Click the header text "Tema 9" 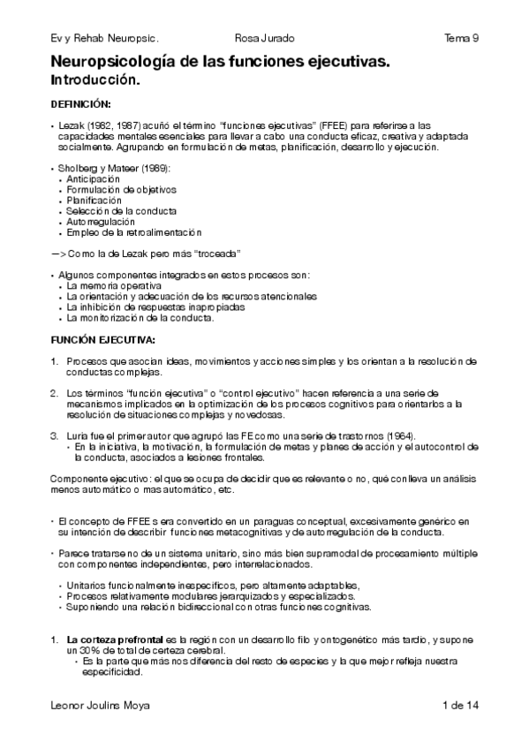462,38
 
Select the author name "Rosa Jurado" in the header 265,38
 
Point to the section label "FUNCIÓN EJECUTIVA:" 103,339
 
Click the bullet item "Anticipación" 93,178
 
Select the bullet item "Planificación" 93,200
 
